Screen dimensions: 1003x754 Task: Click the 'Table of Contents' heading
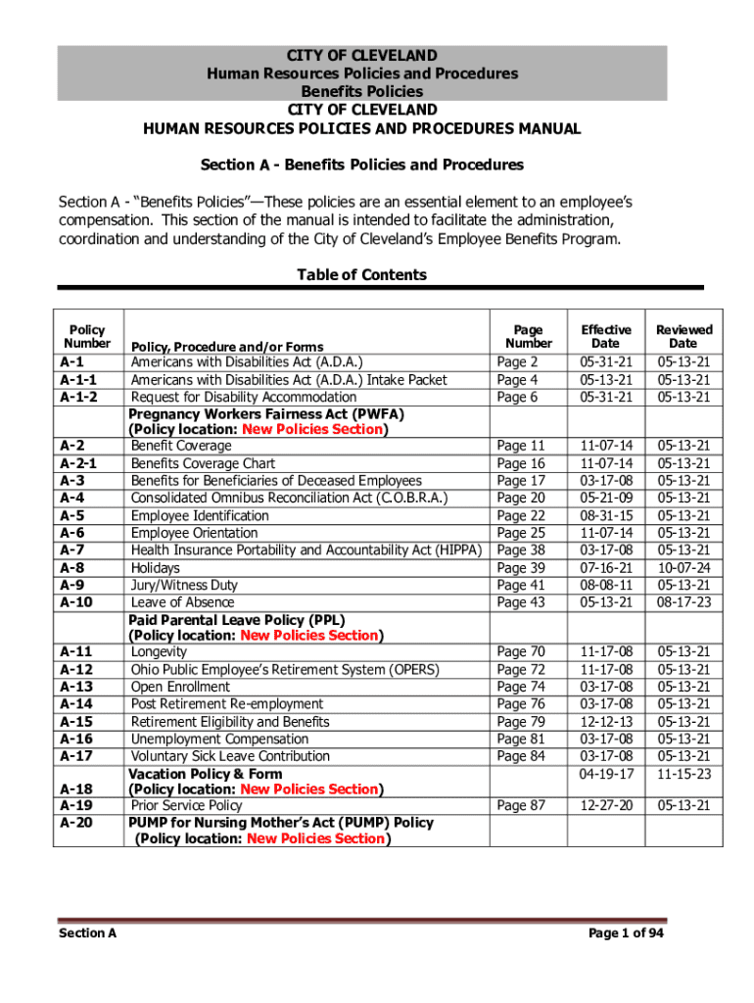tap(361, 275)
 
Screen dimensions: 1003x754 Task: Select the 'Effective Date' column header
tap(606, 337)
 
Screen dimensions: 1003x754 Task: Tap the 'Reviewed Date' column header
tap(683, 337)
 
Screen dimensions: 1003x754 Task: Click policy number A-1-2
tap(79, 397)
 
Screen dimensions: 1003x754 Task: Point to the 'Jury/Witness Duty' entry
tap(184, 585)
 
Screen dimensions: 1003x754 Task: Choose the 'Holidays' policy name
tap(156, 568)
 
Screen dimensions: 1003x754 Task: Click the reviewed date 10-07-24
tap(683, 568)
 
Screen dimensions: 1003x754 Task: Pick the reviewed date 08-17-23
tap(683, 602)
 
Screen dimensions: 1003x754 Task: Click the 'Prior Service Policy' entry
tap(186, 806)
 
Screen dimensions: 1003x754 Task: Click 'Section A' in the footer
tap(87, 933)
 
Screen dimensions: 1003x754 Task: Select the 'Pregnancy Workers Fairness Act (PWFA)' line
tap(266, 414)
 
